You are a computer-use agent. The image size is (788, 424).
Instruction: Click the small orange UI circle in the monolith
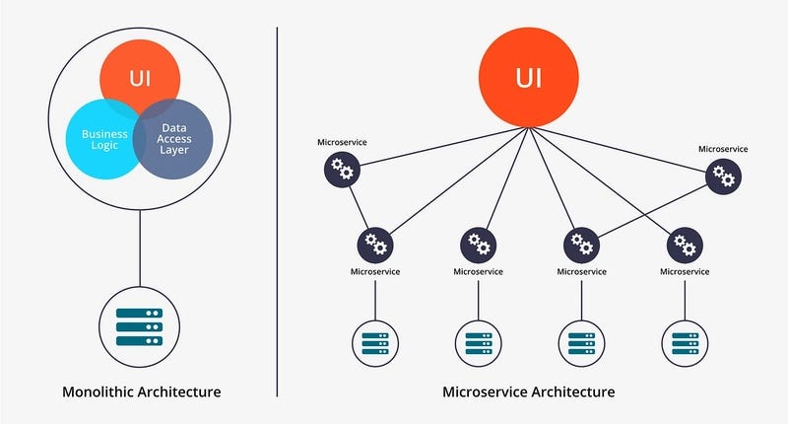140,75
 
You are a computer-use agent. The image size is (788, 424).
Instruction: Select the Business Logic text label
98,140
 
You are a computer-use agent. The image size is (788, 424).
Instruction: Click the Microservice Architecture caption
529,392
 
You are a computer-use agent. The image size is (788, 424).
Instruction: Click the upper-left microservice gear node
343,172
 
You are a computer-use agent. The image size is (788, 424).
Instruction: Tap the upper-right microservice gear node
724,176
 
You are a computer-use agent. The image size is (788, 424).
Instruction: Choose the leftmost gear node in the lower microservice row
375,244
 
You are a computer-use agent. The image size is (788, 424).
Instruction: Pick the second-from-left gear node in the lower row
479,244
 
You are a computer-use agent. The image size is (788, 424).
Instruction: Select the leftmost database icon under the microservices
375,343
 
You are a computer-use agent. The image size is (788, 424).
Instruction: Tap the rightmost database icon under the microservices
684,343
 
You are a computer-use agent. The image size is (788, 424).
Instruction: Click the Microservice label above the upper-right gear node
723,149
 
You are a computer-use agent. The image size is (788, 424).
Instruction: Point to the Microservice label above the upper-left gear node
342,143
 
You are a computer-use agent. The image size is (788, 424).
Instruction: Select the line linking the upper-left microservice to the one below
359,207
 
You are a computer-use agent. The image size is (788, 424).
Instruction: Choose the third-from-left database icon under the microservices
581,343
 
